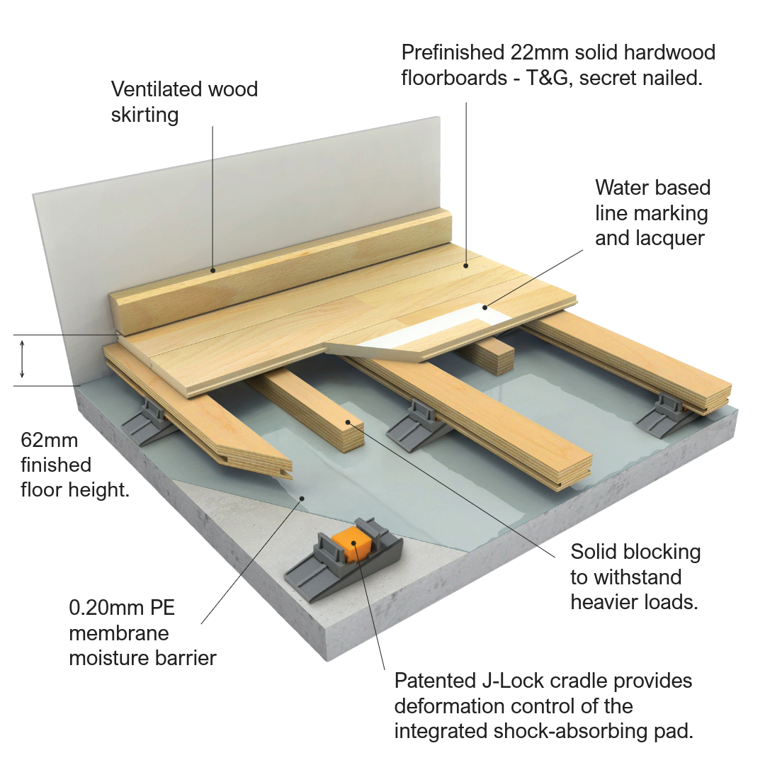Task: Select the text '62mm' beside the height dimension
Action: (x=50, y=441)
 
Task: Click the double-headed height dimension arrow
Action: (x=23, y=359)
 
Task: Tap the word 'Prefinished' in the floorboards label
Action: (x=451, y=52)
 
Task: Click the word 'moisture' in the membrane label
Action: (x=103, y=657)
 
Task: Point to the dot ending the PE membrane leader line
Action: (x=302, y=498)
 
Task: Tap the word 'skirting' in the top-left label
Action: (x=144, y=115)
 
